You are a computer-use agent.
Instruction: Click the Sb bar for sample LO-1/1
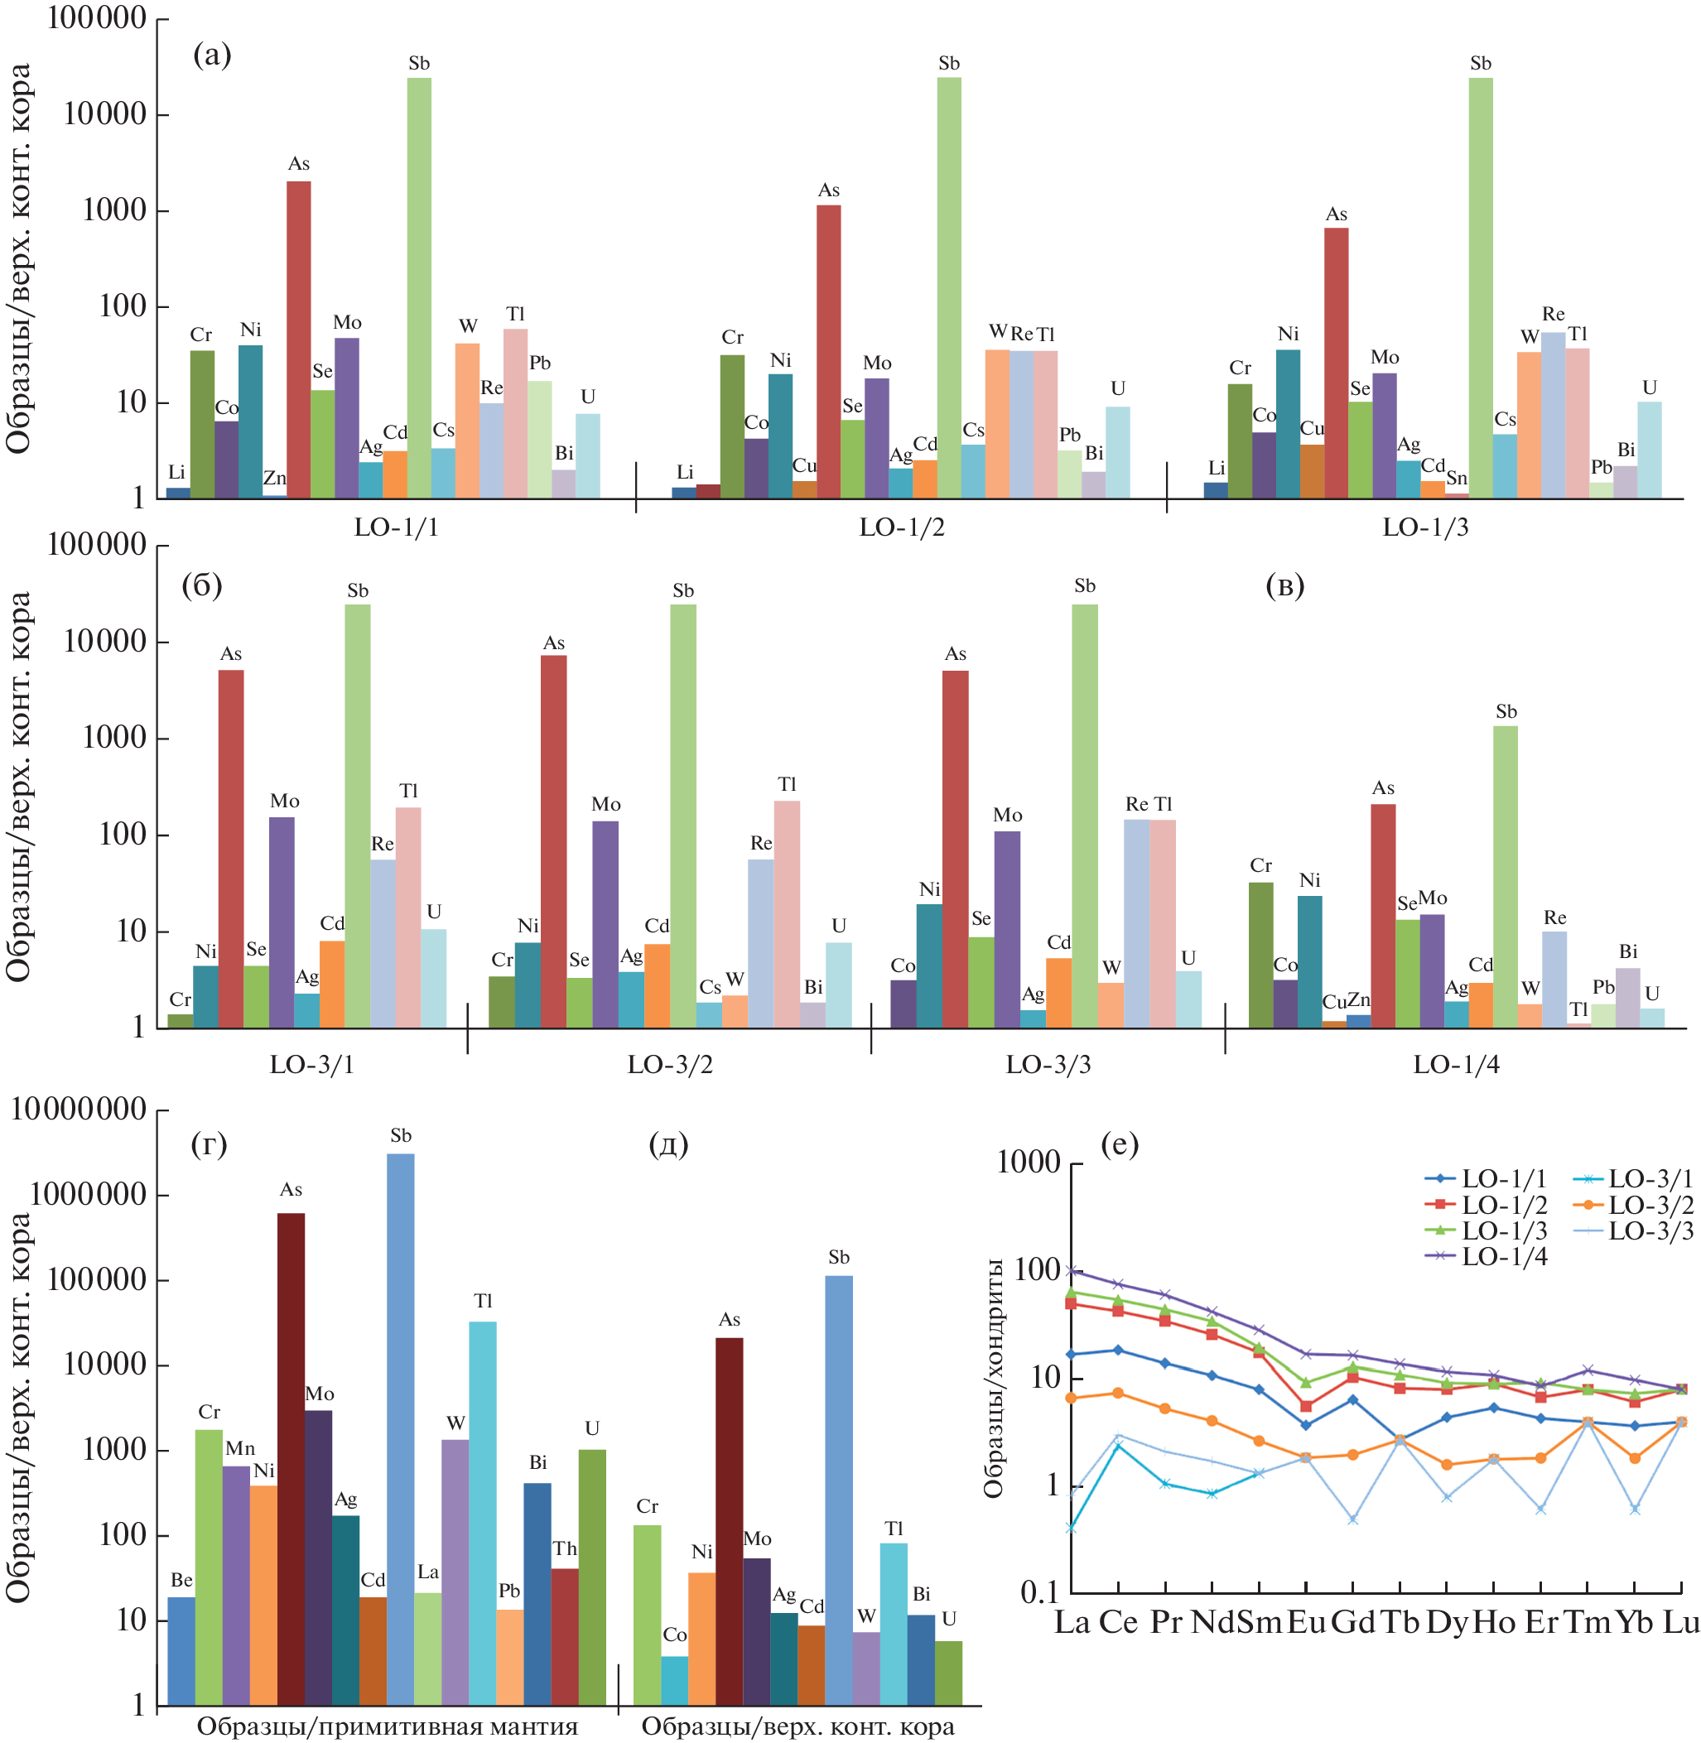pos(419,286)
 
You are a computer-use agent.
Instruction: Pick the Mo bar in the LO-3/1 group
pos(282,921)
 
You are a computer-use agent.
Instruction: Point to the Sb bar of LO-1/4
pos(1506,875)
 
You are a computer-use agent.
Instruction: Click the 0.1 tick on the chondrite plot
pos(1039,1591)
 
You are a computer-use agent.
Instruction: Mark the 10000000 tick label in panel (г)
pos(79,1110)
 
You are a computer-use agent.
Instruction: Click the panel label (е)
pos(1120,1144)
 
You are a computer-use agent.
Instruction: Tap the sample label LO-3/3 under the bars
pos(1048,1064)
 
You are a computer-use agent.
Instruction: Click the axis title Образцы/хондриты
pos(994,1377)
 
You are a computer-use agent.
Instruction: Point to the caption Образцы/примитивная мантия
pos(387,1726)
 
